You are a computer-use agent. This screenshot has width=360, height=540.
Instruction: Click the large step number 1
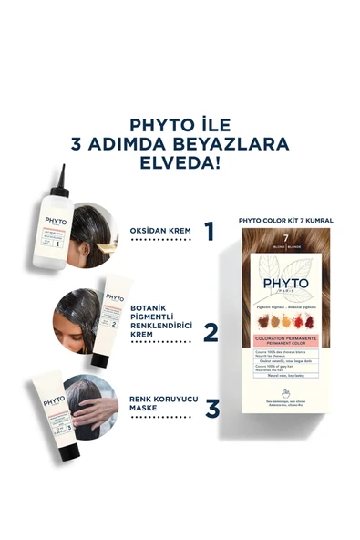pos(210,232)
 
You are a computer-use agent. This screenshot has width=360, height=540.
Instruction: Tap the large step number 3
pos(211,408)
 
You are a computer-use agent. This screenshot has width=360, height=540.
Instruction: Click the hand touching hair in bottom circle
pos(97,408)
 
